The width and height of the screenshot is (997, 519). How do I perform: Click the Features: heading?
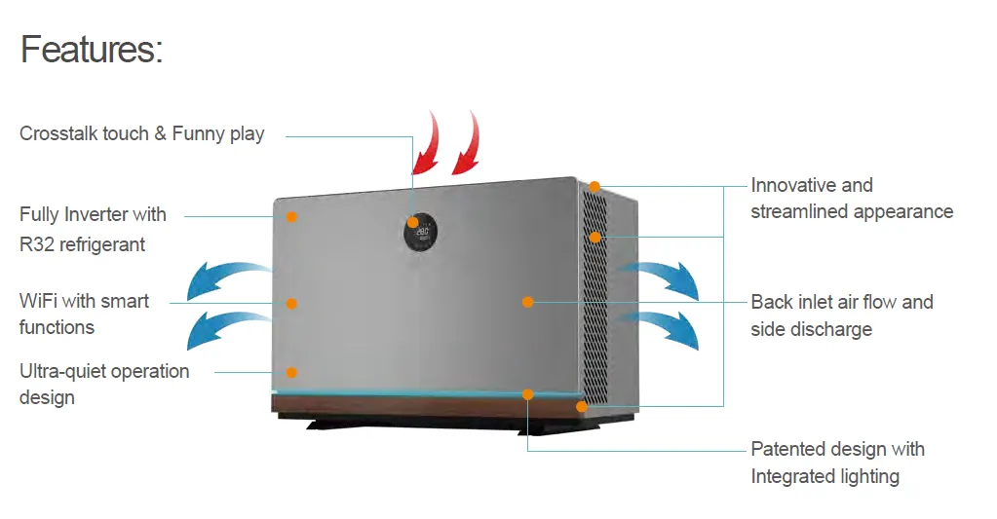point(92,49)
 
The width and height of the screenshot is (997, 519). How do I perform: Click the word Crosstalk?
point(58,133)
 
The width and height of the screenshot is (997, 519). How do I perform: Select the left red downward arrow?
point(427,141)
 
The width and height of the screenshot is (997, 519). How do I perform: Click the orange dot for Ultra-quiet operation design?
point(291,372)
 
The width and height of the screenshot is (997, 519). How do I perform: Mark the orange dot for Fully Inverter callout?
point(291,216)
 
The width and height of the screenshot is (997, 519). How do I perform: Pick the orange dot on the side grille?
point(593,237)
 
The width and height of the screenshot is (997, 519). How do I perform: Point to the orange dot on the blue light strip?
point(527,394)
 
